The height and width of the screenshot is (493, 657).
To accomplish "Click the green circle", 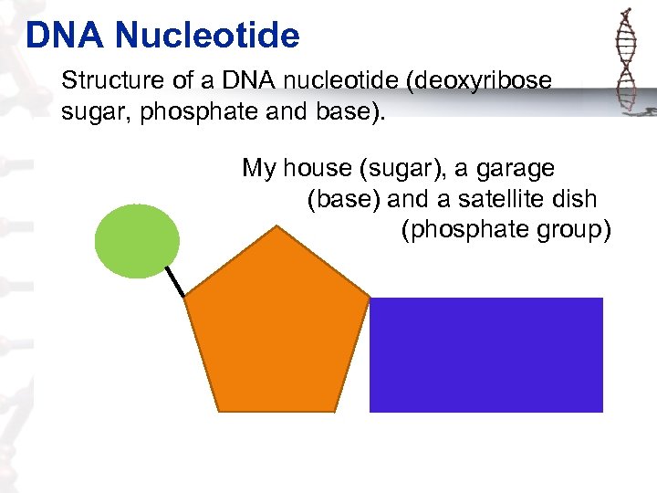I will pyautogui.click(x=137, y=240).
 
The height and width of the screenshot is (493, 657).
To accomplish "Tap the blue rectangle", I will pyautogui.click(x=485, y=354).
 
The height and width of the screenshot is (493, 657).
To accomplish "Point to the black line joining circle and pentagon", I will pyautogui.click(x=175, y=281).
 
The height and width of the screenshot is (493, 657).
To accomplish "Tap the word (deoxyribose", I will pyautogui.click(x=480, y=80).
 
